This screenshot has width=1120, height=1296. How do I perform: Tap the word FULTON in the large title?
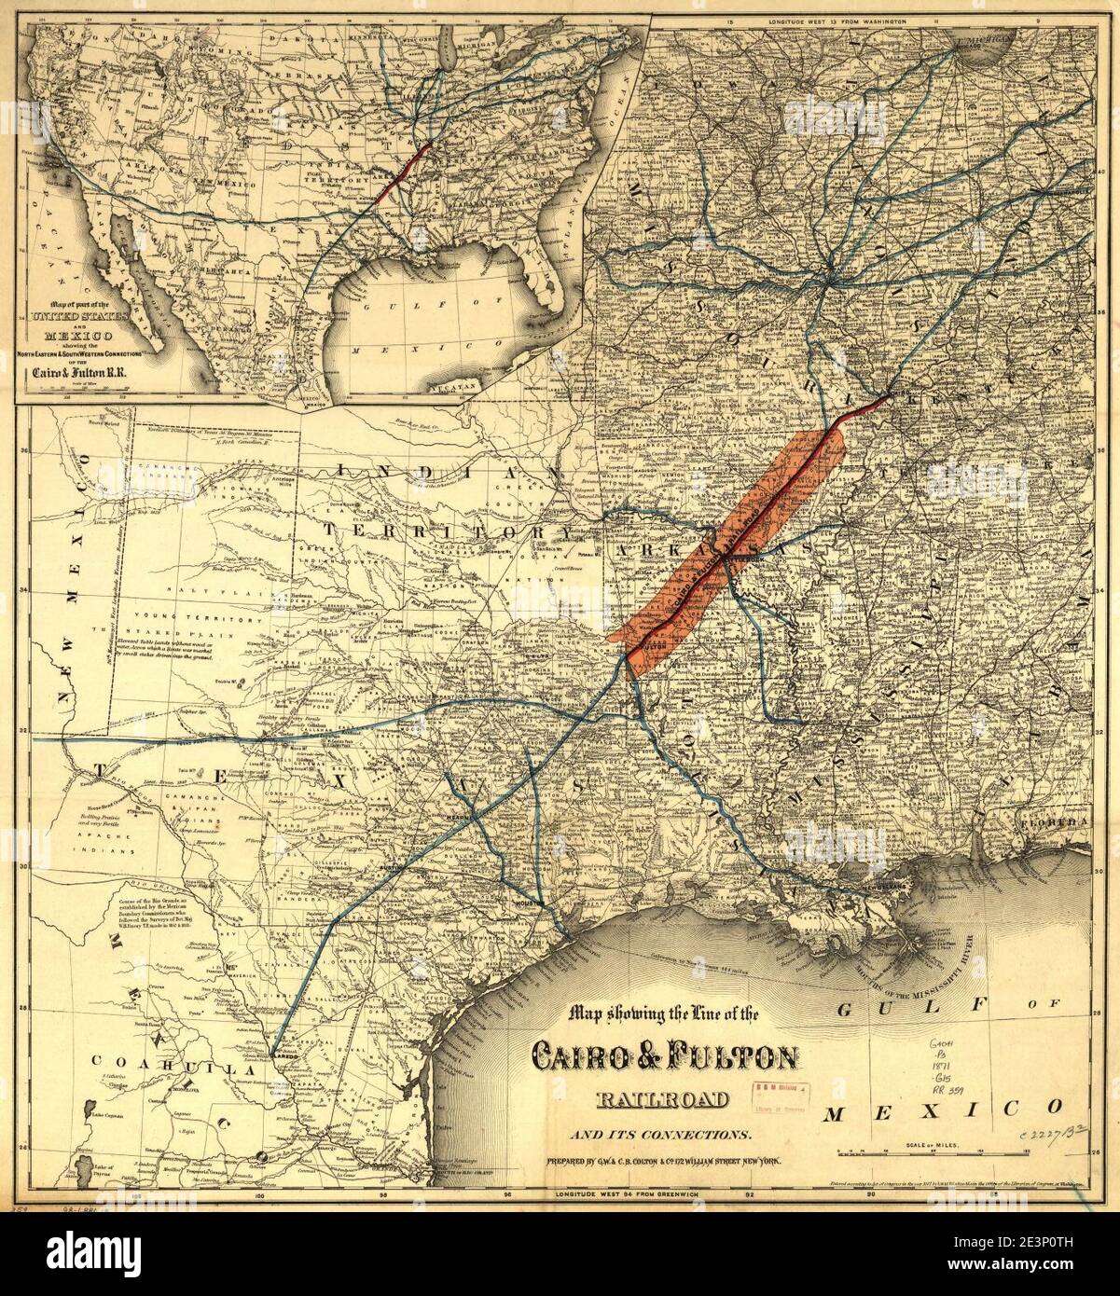[x=724, y=1058]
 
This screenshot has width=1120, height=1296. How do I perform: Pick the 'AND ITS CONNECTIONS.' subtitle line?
[x=664, y=1135]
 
